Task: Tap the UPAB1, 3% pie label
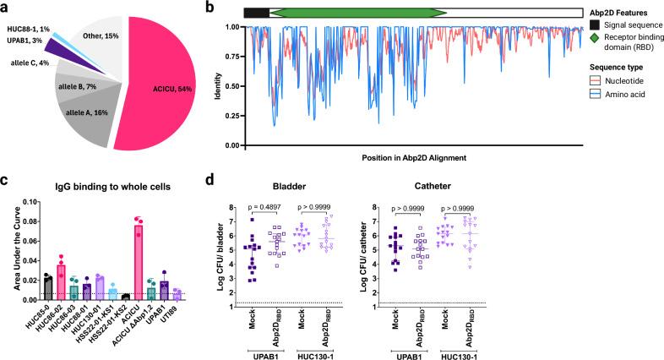click(x=22, y=40)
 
